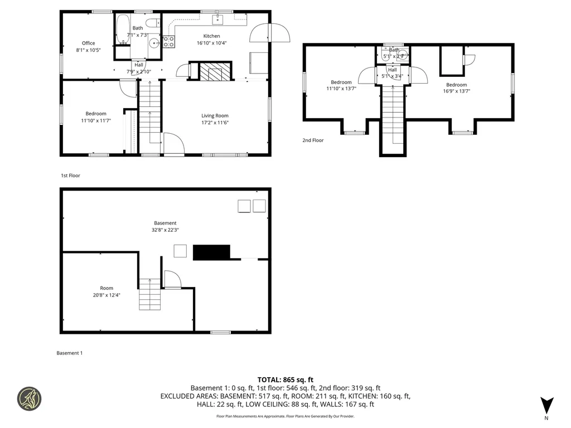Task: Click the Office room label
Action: [88, 43]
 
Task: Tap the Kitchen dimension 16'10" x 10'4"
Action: [211, 43]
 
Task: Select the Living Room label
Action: [215, 115]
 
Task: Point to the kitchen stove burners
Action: [169, 41]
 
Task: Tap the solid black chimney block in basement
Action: [211, 252]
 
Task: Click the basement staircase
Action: [149, 294]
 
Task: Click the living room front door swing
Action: [173, 143]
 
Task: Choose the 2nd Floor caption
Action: [313, 140]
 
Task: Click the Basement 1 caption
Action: [70, 353]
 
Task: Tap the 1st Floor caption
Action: [70, 176]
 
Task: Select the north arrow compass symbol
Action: [547, 405]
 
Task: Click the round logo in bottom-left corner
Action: [30, 398]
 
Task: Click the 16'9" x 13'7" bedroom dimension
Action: [457, 91]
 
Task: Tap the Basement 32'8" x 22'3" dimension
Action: [165, 230]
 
